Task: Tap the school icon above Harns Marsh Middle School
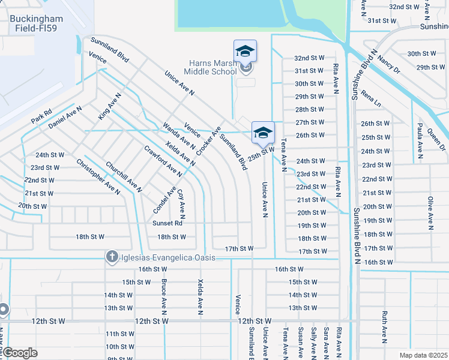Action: click(245, 52)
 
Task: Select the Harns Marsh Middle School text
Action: click(204, 67)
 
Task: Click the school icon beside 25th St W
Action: click(263, 133)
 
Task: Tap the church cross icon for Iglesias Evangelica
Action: click(111, 257)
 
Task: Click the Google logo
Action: click(19, 353)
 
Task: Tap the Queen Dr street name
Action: click(437, 142)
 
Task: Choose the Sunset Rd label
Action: click(167, 223)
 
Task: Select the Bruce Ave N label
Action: click(163, 296)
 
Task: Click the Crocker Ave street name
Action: click(208, 140)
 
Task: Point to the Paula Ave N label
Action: click(420, 139)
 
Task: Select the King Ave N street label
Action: click(110, 104)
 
